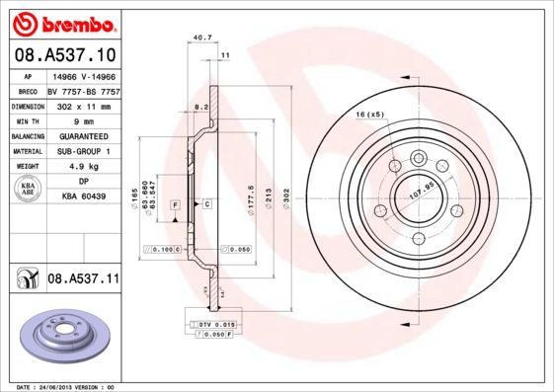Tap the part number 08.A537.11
click(83, 279)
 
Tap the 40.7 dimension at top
click(201, 39)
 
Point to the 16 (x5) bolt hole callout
click(369, 116)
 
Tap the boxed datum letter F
click(175, 204)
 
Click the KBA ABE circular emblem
click(29, 189)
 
